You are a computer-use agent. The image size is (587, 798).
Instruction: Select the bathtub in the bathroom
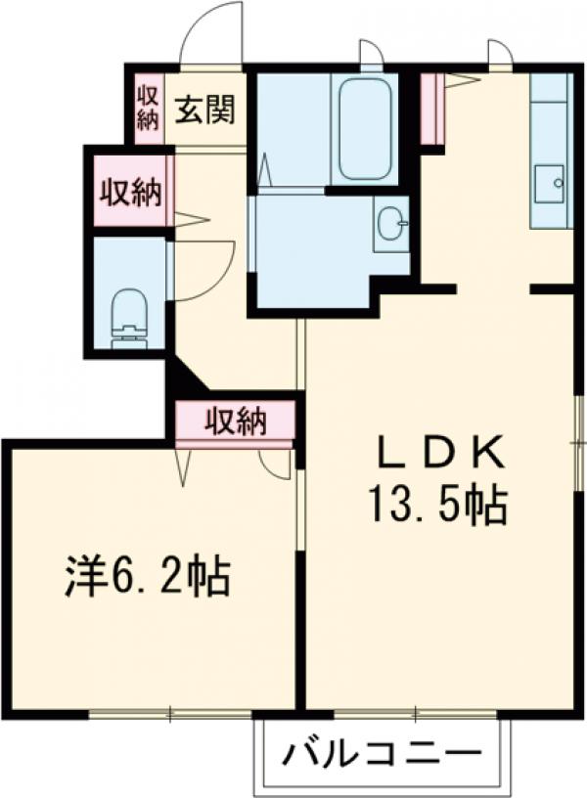pyautogui.click(x=364, y=129)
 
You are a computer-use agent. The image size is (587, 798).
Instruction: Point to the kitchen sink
pyautogui.click(x=551, y=184)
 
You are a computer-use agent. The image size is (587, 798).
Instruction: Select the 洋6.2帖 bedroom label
pyautogui.click(x=148, y=577)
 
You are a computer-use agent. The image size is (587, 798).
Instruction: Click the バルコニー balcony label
pyautogui.click(x=384, y=754)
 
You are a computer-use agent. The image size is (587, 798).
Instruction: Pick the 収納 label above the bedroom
pyautogui.click(x=235, y=421)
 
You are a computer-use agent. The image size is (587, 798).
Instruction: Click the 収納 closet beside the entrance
pyautogui.click(x=148, y=108)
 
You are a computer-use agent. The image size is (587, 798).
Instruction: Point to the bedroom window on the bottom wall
pyautogui.click(x=170, y=713)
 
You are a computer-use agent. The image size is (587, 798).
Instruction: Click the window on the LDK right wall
pyautogui.click(x=579, y=440)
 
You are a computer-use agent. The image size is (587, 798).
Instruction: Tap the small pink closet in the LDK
pyautogui.click(x=431, y=110)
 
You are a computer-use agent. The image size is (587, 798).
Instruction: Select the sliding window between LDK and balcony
pyautogui.click(x=411, y=713)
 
